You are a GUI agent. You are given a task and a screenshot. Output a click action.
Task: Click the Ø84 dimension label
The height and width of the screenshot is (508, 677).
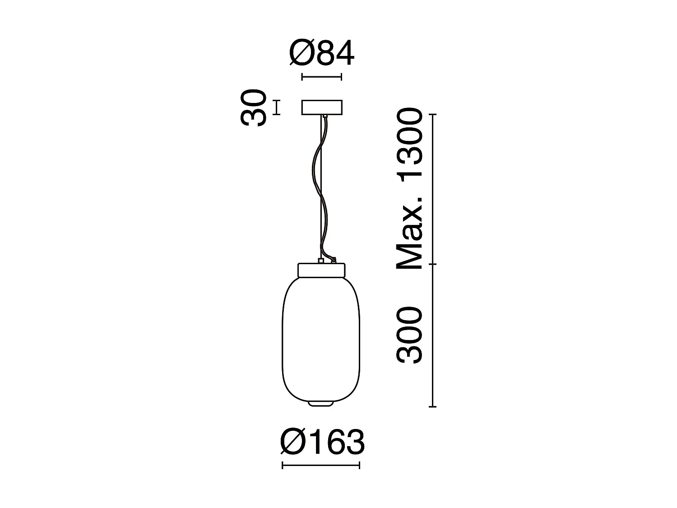321,54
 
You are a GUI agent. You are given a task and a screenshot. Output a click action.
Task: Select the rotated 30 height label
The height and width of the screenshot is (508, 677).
252,107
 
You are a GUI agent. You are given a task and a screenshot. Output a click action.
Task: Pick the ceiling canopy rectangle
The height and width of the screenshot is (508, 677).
322,107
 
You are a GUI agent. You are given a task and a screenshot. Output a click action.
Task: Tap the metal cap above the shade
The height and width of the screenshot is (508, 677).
321,270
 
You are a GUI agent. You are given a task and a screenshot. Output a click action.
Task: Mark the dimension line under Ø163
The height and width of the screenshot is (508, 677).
321,465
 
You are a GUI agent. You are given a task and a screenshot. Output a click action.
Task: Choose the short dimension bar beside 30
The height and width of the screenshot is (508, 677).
276,107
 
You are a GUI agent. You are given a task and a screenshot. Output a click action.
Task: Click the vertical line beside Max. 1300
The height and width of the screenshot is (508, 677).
433,190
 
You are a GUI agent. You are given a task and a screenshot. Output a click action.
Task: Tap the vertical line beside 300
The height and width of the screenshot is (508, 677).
433,336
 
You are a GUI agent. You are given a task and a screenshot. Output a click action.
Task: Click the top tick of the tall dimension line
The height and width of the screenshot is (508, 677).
433,115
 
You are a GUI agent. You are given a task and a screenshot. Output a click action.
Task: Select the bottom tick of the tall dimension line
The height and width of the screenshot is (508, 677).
433,407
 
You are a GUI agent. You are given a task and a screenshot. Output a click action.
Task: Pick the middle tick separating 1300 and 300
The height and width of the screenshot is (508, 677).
433,264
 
